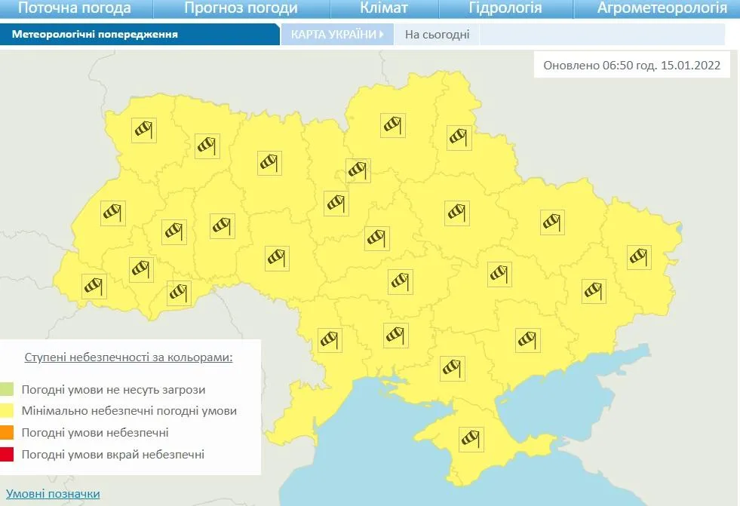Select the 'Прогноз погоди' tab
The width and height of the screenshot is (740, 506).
[x=241, y=8]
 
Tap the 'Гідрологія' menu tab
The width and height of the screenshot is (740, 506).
[x=505, y=8]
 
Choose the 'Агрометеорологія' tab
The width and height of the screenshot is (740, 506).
[x=662, y=8]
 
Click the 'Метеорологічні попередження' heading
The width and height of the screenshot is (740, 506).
[x=95, y=35]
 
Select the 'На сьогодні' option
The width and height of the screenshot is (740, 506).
[x=437, y=35]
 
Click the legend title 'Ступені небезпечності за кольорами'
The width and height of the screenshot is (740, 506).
[x=128, y=357]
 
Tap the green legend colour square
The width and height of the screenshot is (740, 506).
[x=7, y=390]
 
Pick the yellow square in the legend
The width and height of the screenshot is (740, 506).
[x=7, y=411]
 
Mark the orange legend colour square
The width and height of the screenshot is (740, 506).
[x=7, y=433]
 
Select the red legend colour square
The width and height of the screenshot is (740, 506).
[x=7, y=454]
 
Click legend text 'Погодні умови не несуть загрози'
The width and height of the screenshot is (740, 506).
[x=113, y=390]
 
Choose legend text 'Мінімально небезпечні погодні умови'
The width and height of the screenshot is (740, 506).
[x=129, y=411]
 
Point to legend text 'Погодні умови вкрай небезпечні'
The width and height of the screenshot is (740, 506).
[x=113, y=454]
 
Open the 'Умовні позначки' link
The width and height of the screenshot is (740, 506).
[x=53, y=494]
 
